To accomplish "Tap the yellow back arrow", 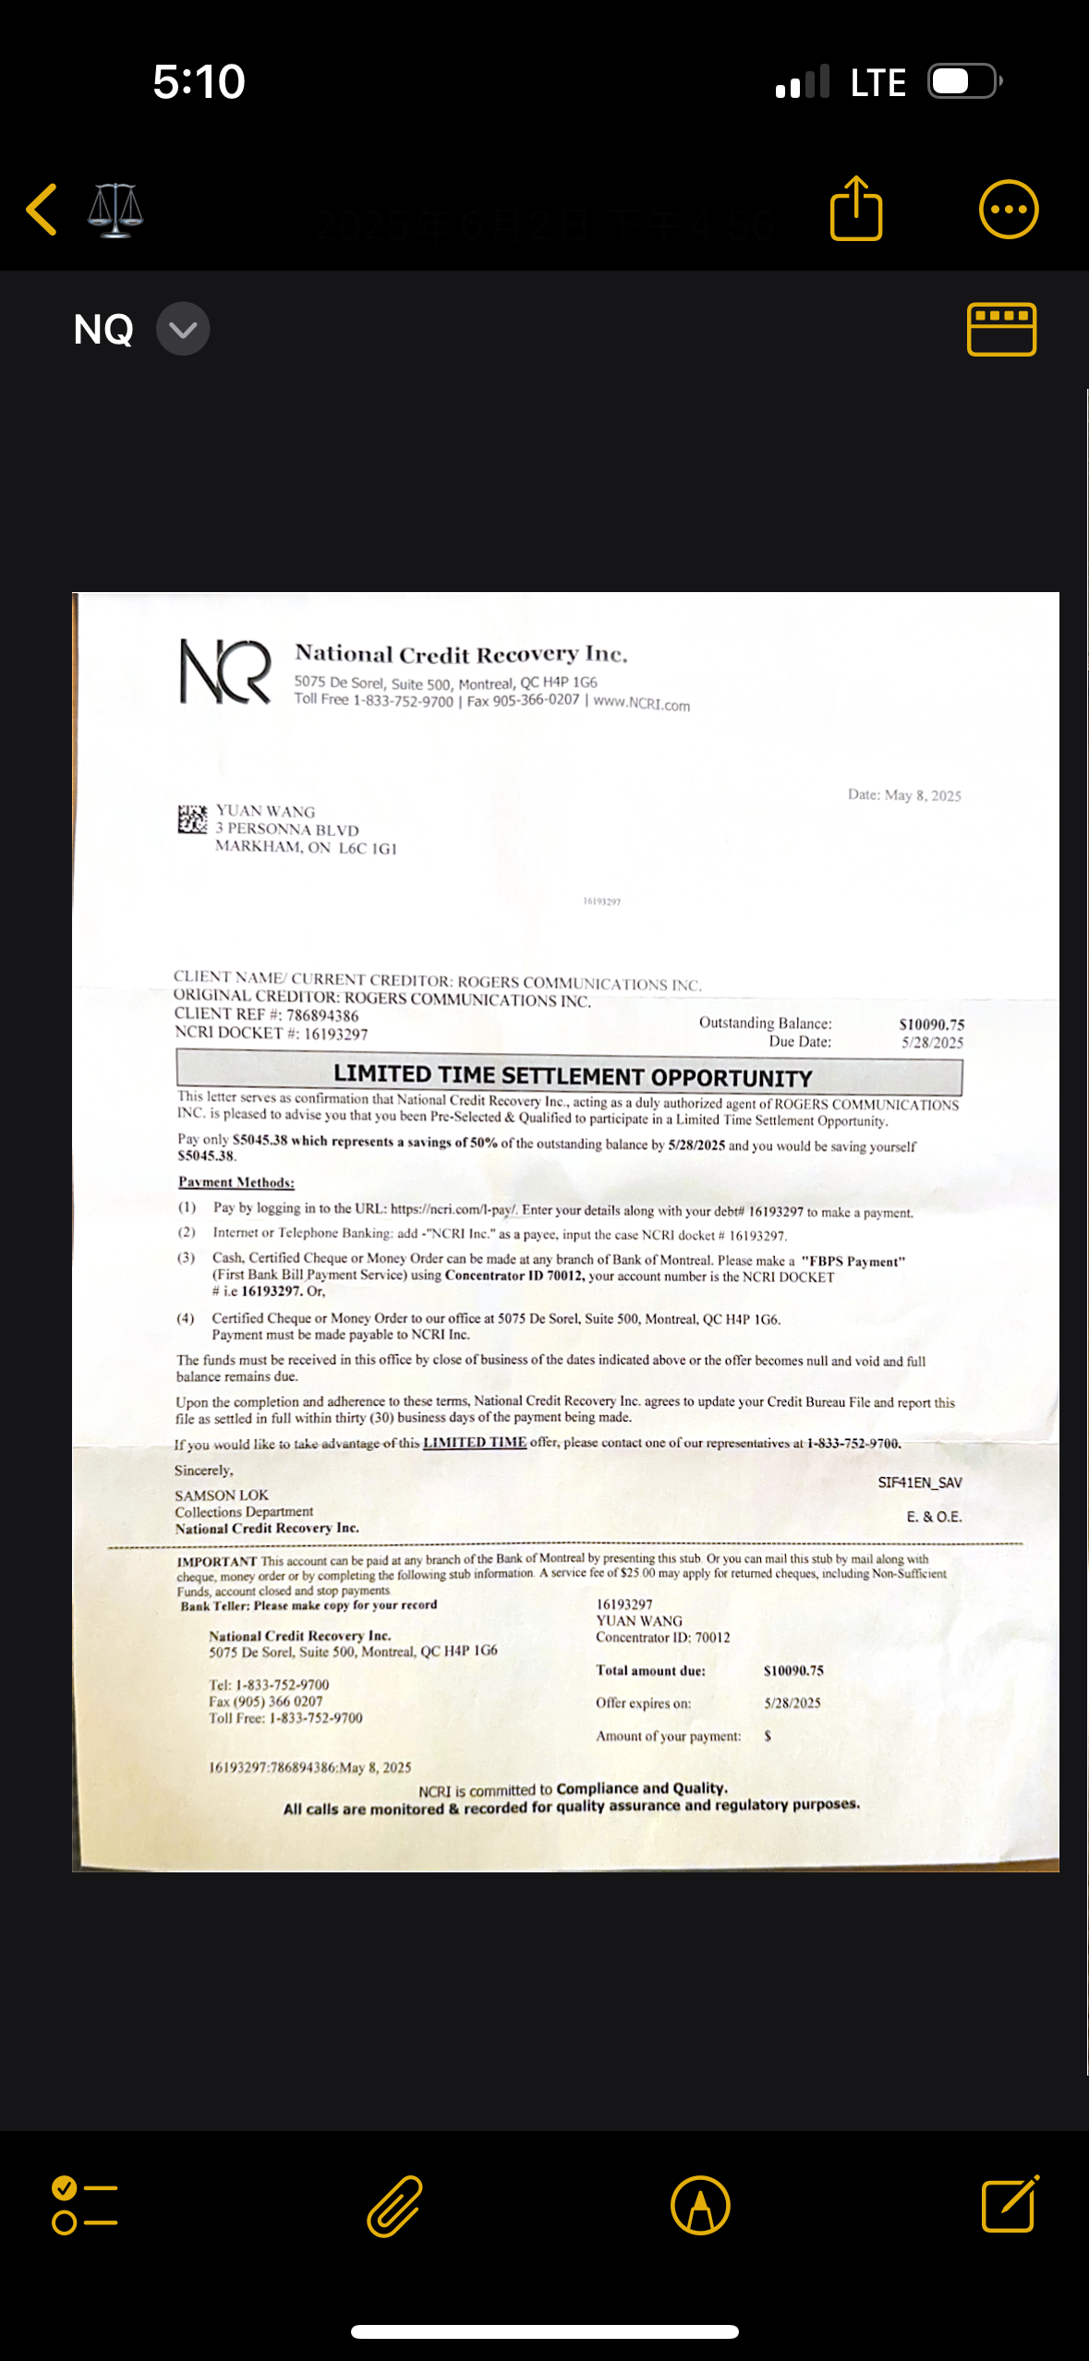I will tap(42, 210).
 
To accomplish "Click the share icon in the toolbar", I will tap(856, 209).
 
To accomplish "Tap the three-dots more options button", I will tap(1009, 210).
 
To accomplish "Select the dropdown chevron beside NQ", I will tap(183, 329).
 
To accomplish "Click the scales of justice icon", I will tap(115, 211).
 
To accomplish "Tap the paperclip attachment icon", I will tap(395, 2206).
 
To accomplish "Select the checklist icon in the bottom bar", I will tap(85, 2206).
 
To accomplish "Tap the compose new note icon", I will tap(1010, 2206).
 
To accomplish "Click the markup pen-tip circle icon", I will tap(700, 2206).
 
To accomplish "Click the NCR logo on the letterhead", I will tap(225, 672).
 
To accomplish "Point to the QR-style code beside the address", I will tap(192, 819).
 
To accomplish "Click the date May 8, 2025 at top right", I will tap(904, 795).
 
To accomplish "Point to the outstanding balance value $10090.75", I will tap(931, 1024).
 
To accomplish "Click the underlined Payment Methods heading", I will tap(236, 1182).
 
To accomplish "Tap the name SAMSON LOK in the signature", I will tap(222, 1495).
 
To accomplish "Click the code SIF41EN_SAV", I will tap(919, 1483).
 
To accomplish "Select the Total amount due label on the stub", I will tap(650, 1670).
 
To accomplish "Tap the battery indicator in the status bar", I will tap(964, 81).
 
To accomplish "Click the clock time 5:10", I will tap(199, 81).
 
